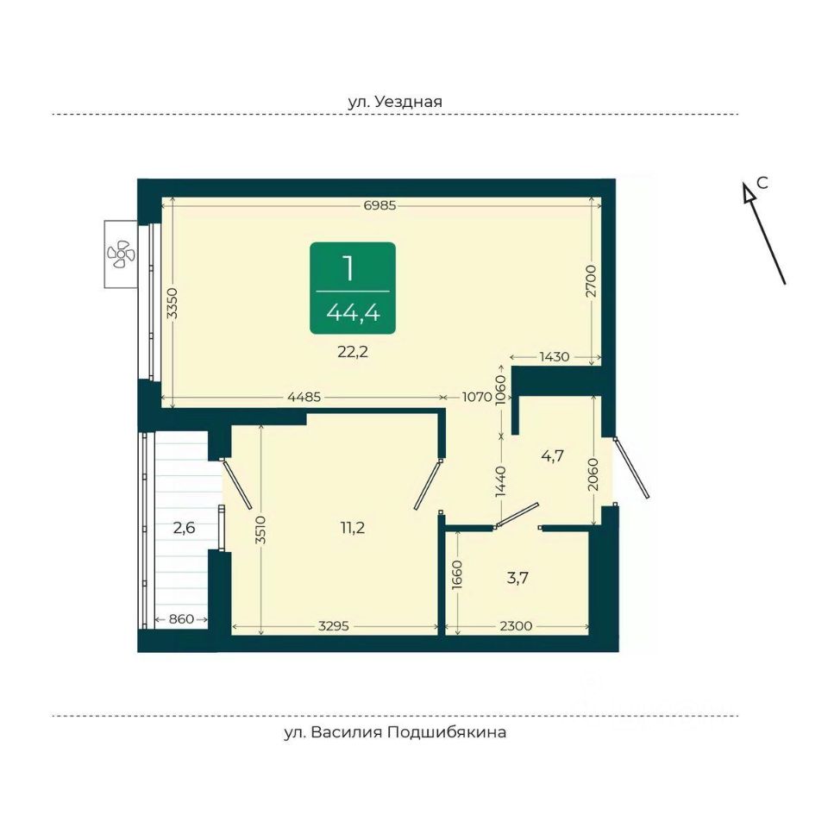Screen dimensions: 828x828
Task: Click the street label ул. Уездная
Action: pyautogui.click(x=395, y=102)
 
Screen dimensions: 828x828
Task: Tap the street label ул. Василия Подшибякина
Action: pyautogui.click(x=395, y=733)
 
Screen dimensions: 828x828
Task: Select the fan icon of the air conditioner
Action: pyautogui.click(x=119, y=254)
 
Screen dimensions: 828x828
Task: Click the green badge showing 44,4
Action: pyautogui.click(x=353, y=288)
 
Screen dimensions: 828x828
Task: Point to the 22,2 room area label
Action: pyautogui.click(x=353, y=351)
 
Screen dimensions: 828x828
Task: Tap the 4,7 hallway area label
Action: pyautogui.click(x=551, y=456)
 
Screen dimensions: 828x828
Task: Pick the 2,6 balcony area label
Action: pyautogui.click(x=185, y=528)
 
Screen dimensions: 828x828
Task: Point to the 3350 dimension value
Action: pyautogui.click(x=172, y=303)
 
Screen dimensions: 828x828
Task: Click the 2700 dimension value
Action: pyautogui.click(x=591, y=282)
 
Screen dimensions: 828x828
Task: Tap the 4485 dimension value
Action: pyautogui.click(x=305, y=398)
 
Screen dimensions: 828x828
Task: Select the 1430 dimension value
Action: pyautogui.click(x=554, y=357)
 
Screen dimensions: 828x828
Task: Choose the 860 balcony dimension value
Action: pyautogui.click(x=182, y=619)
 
